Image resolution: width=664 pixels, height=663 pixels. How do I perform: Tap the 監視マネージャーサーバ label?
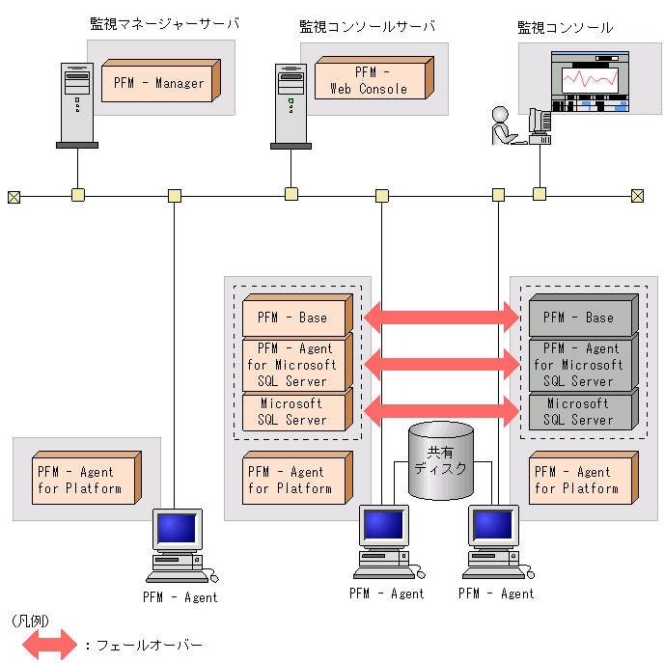point(164,24)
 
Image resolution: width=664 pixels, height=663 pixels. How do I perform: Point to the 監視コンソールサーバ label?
point(367,26)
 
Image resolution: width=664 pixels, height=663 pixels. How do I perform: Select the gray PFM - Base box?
point(582,317)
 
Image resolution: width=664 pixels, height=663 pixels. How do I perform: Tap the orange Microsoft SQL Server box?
point(293,412)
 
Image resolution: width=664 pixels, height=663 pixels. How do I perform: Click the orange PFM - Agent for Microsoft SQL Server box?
point(293,365)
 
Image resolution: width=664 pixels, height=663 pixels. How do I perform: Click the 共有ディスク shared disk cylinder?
point(441,460)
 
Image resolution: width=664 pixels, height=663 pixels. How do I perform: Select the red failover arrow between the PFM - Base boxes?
point(441,317)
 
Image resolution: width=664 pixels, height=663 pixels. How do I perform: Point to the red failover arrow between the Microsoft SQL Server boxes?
point(441,406)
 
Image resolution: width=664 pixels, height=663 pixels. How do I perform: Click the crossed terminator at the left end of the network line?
point(14,197)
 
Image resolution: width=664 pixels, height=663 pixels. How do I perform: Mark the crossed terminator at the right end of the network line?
point(637,197)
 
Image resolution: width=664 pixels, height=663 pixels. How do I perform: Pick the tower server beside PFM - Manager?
point(76,103)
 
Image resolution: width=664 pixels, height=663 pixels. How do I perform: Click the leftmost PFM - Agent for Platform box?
point(82,480)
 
